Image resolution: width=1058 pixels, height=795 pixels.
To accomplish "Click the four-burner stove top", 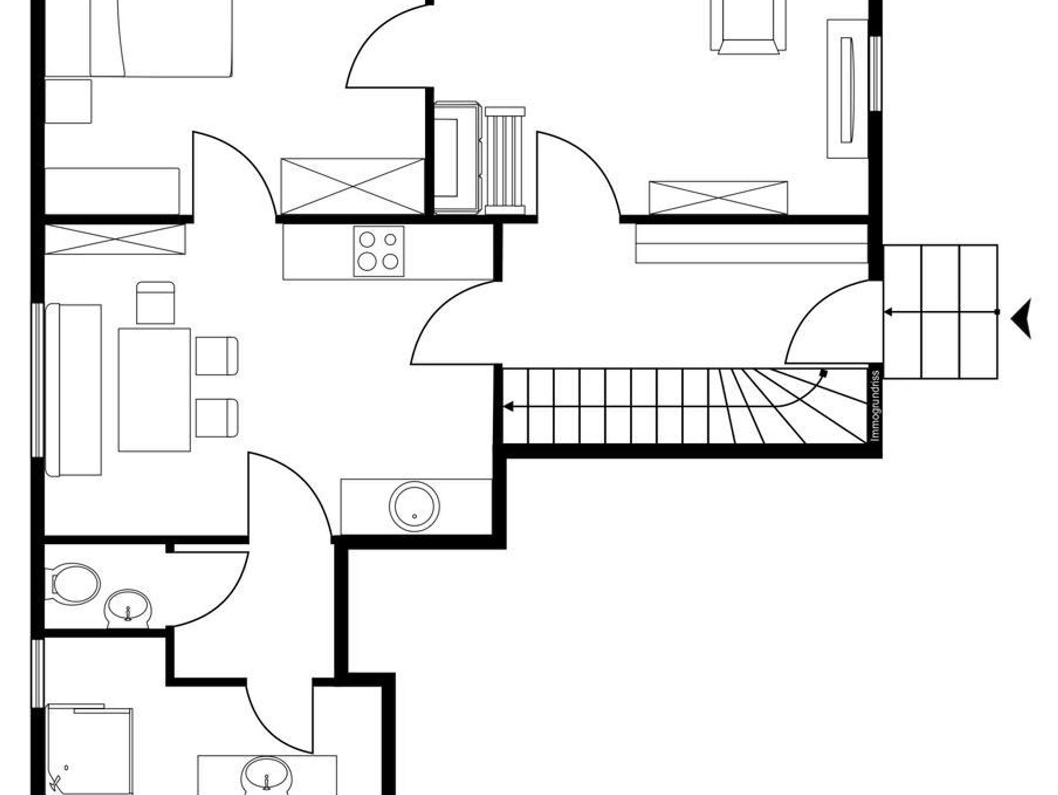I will (379, 251).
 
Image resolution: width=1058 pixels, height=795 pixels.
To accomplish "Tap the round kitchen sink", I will (414, 506).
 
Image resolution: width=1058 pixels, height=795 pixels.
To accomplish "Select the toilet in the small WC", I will (76, 584).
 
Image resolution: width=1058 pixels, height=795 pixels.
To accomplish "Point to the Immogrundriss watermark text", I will (875, 406).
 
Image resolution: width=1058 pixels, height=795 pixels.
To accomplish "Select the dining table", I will (154, 390).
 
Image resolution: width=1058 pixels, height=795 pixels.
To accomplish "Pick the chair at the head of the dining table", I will (155, 303).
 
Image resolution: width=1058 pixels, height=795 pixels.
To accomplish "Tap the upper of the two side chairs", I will (217, 356).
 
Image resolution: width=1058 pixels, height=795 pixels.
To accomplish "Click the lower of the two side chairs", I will (217, 418).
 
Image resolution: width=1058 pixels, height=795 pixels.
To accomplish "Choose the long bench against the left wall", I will (73, 390).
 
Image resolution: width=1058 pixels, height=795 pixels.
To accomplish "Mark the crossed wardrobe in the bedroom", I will (352, 186).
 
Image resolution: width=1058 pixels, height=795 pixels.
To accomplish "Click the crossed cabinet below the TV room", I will (718, 197).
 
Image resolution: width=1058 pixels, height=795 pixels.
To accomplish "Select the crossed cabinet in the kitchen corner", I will (115, 239).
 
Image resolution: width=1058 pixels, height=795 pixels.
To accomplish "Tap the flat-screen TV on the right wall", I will (847, 89).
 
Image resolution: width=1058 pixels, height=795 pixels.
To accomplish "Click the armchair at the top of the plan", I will (748, 26).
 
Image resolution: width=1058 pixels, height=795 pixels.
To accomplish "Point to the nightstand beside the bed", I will (68, 101).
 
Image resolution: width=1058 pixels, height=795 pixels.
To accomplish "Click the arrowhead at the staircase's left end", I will (508, 407).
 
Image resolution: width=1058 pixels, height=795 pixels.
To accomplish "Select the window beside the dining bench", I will (38, 380).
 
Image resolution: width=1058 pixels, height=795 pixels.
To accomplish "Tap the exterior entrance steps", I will (941, 312).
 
